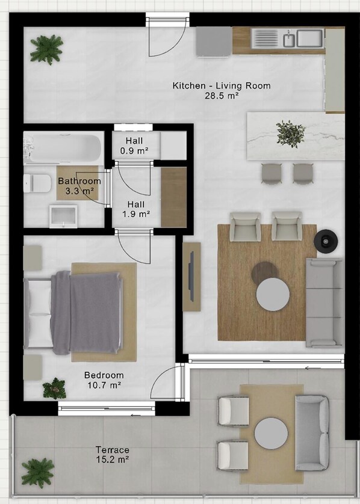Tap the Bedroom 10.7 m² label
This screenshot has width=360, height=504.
pos(104,380)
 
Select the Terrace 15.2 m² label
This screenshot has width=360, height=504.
pos(113,455)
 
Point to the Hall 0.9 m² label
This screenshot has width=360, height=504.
pos(134,146)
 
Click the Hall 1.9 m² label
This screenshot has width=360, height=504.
pos(136,209)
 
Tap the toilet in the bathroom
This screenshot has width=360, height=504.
pos(37,183)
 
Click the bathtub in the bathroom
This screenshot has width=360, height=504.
pos(63,148)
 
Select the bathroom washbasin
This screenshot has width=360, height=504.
pos(63,217)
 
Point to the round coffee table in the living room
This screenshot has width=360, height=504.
pos(273,294)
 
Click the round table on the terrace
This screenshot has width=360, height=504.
pos(271,433)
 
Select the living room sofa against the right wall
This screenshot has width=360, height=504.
pos(324,303)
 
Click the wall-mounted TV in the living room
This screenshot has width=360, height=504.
pos(192,277)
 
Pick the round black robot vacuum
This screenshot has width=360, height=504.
pos(326,241)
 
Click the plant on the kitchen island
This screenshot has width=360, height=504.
pos(291,134)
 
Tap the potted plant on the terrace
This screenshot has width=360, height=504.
pos(38,473)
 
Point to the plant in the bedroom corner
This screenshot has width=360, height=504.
pos(54,389)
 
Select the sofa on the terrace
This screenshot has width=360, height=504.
pos(312,433)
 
